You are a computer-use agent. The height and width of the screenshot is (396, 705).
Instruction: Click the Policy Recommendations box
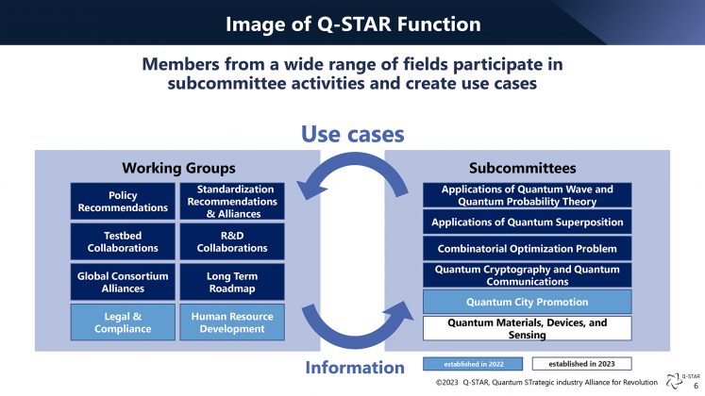pos(123,201)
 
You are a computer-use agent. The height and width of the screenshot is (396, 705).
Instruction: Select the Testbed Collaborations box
pos(123,241)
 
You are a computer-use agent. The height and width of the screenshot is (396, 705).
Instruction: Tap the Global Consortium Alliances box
pos(123,282)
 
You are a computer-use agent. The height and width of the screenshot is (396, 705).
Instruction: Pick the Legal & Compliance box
pos(123,322)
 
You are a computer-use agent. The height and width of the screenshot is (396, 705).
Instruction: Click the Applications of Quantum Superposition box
pos(527,223)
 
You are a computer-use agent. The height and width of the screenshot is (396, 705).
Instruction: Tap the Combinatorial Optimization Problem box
pos(527,249)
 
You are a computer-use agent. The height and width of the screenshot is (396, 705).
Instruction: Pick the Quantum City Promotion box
pos(527,303)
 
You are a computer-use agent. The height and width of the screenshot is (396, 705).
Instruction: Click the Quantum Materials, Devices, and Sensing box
pos(527,328)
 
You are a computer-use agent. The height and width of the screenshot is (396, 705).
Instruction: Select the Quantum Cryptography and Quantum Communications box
pos(527,275)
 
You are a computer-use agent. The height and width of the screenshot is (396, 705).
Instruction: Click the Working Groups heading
pos(177,168)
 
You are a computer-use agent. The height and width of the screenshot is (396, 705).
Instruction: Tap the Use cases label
pos(353,135)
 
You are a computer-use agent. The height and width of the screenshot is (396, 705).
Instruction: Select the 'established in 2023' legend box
pos(581,363)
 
